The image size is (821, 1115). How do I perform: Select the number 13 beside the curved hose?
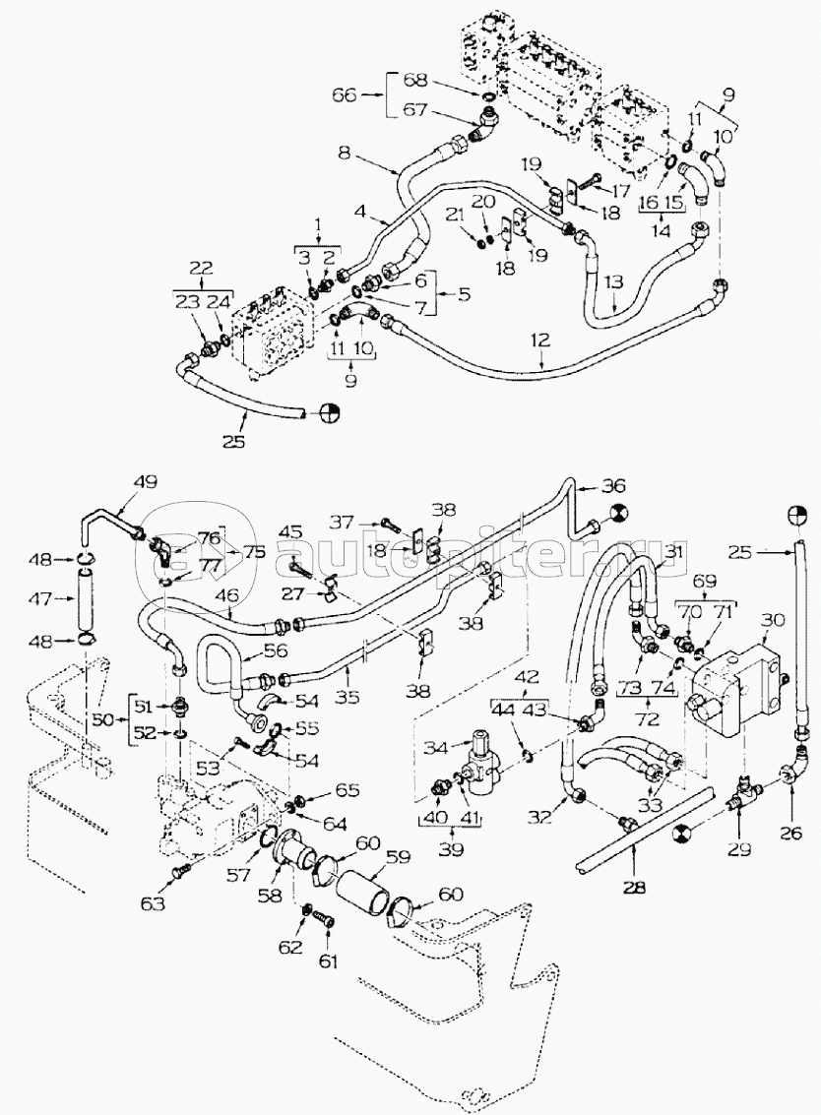tap(613, 281)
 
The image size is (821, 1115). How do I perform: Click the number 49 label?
tap(145, 482)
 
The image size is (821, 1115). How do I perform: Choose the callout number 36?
tap(613, 485)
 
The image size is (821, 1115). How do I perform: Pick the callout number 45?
tap(291, 532)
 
